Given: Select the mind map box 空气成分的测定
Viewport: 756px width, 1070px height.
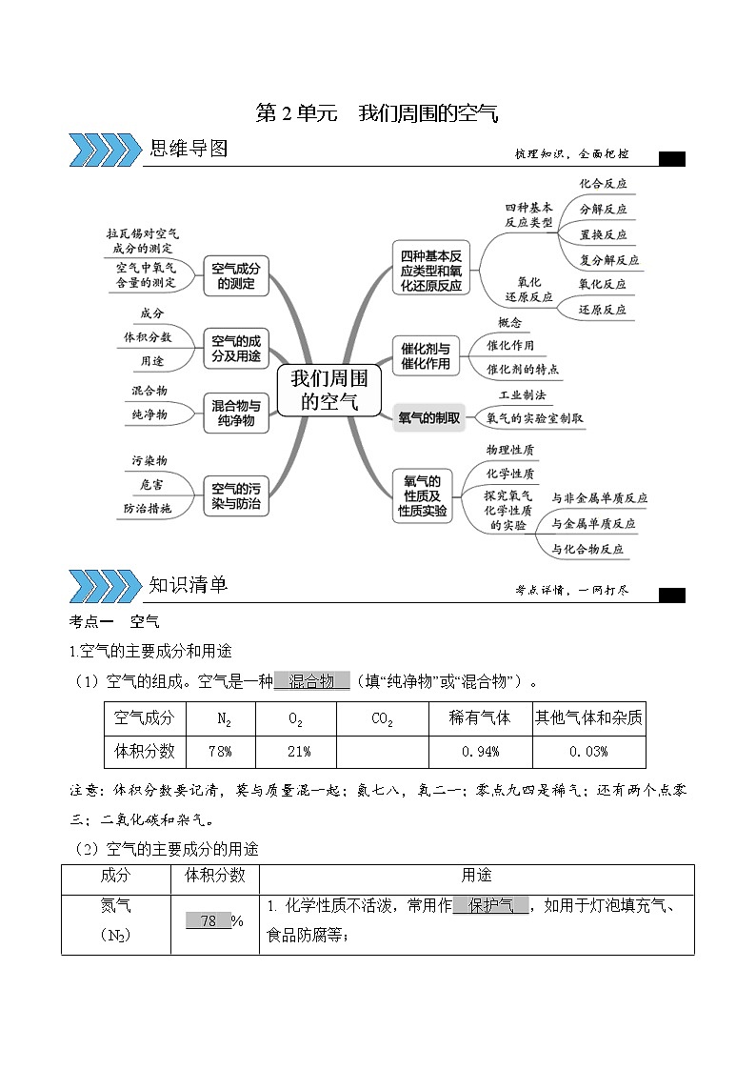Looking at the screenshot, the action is (x=236, y=274).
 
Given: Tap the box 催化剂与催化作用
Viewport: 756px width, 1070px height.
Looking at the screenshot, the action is (x=425, y=354).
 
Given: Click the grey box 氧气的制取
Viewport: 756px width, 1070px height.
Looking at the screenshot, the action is (x=428, y=417).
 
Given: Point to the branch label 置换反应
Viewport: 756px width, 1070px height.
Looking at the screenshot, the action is (x=603, y=233).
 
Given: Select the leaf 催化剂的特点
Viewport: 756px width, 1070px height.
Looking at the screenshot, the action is (x=523, y=369).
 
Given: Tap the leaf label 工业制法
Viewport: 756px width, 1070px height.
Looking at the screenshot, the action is (x=523, y=394).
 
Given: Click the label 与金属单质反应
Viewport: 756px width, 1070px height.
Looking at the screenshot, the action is (x=593, y=523).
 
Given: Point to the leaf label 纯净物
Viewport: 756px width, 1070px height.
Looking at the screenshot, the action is (x=149, y=414).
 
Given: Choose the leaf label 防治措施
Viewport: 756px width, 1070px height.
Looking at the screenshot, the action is (x=147, y=509).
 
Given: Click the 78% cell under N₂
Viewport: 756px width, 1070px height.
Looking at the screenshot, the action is (x=220, y=751).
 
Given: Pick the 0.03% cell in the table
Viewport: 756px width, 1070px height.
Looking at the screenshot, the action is (x=588, y=751).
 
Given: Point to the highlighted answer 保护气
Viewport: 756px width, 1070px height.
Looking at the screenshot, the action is (x=490, y=906).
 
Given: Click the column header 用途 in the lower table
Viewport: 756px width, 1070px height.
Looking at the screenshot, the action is (x=476, y=876).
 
